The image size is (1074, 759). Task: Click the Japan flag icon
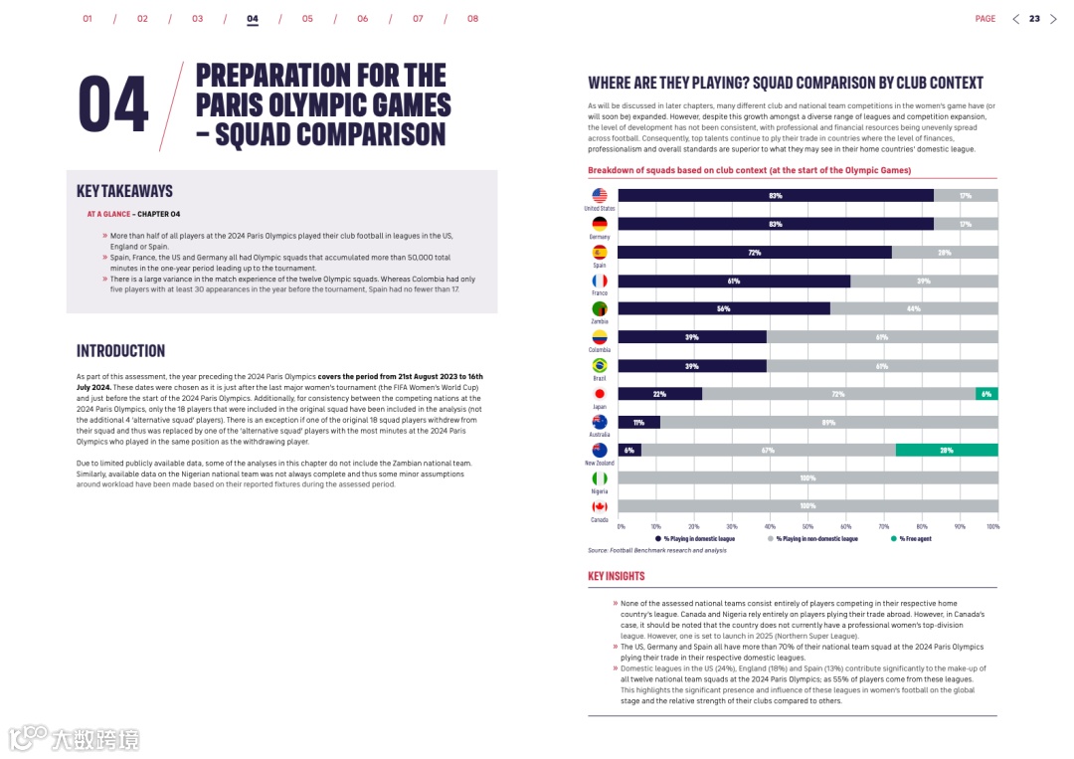(x=600, y=394)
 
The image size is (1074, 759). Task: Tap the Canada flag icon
(x=600, y=506)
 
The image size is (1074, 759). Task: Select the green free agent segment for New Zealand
(x=946, y=451)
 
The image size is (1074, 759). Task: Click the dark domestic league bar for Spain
(x=754, y=253)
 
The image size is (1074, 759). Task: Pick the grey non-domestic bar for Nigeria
(x=807, y=478)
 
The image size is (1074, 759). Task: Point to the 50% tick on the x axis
(x=807, y=526)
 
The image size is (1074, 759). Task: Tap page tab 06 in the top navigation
(x=362, y=19)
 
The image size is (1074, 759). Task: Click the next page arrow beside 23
(x=1054, y=19)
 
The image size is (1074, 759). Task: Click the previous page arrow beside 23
(x=1015, y=19)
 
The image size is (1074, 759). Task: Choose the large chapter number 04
(x=113, y=104)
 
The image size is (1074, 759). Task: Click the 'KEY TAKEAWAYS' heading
(x=124, y=191)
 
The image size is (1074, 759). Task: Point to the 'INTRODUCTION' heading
(x=120, y=351)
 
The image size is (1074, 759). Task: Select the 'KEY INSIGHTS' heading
(x=616, y=576)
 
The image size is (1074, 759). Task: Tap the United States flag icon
(x=600, y=196)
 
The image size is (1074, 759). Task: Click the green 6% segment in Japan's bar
(x=985, y=394)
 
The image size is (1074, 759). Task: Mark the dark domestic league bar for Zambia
(x=723, y=309)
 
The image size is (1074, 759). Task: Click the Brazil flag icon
(x=600, y=366)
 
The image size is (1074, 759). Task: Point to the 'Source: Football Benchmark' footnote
(x=656, y=550)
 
